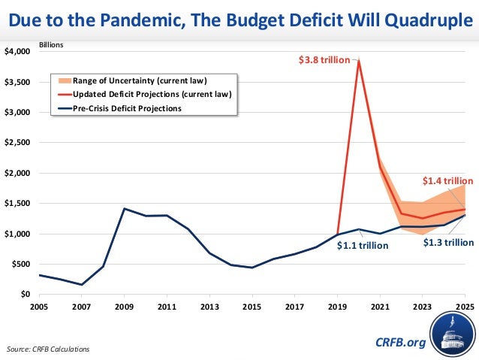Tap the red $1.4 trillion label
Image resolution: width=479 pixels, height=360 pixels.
coord(446,181)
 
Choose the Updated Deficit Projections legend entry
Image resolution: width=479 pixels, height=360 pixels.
coord(152,94)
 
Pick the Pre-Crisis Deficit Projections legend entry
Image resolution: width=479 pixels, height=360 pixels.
coord(131,108)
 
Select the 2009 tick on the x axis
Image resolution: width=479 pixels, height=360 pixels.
coord(125,307)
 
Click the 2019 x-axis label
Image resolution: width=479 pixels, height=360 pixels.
coord(337,307)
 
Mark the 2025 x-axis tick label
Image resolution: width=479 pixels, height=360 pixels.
coord(464,307)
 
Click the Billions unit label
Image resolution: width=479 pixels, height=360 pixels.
coord(51,44)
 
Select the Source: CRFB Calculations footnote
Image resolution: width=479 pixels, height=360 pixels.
coord(48,349)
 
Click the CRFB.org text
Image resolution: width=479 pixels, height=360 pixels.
coord(399,343)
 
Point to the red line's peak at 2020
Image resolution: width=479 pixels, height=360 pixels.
coord(359,60)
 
